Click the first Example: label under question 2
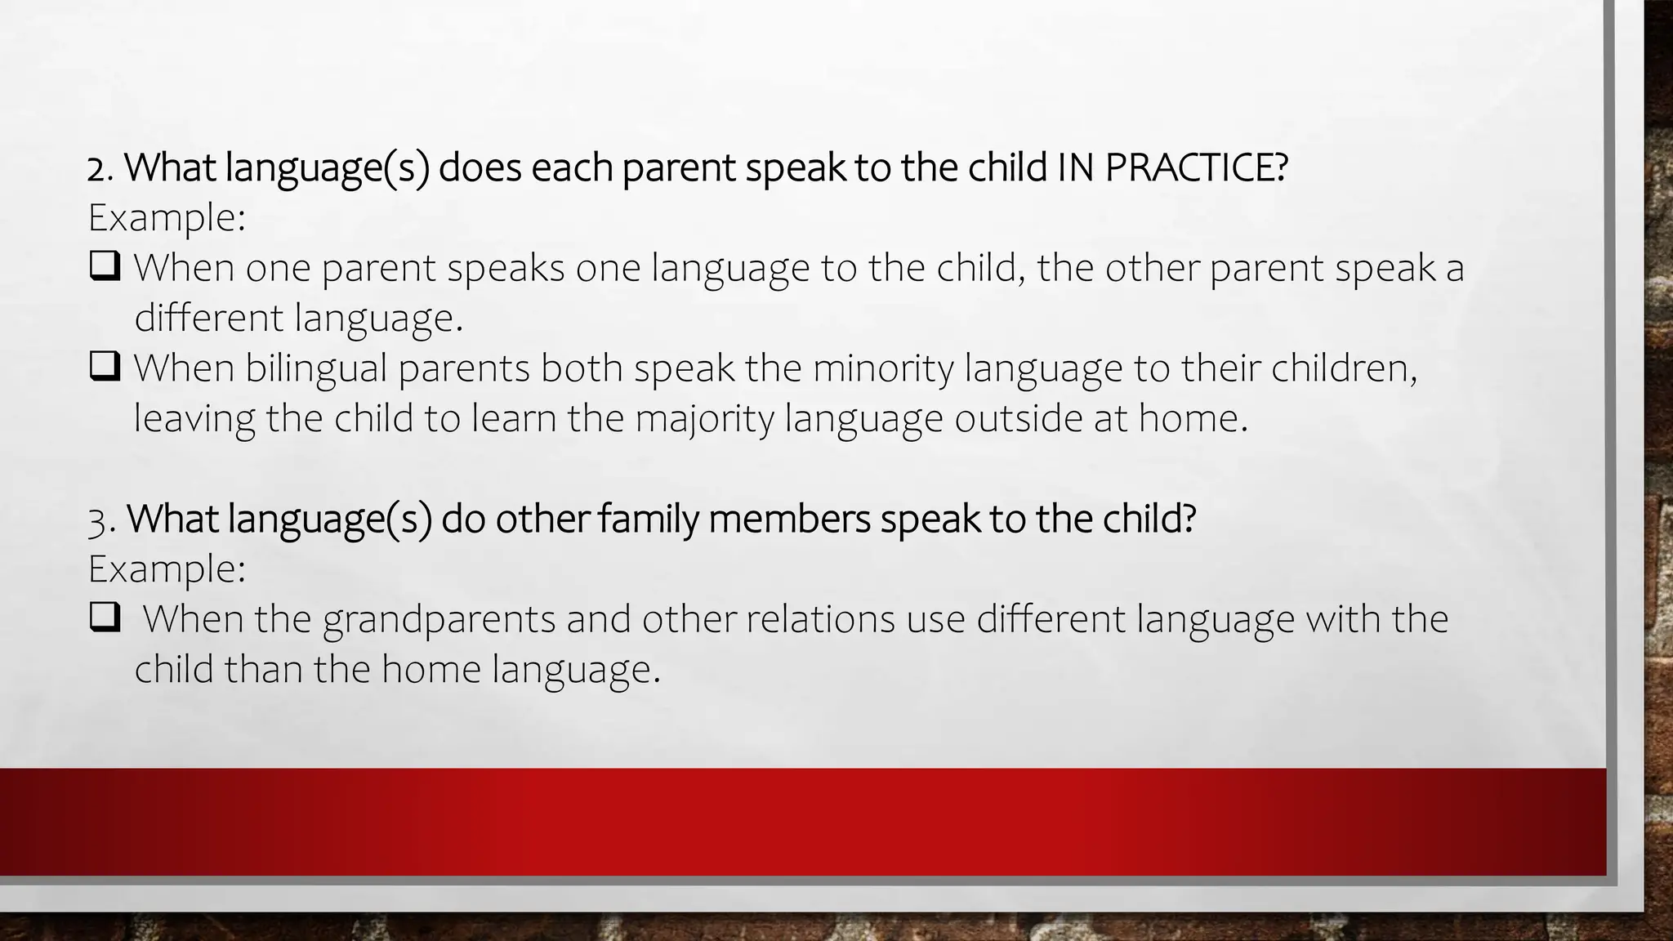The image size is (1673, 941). [x=167, y=218]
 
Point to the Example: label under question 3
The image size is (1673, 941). [x=167, y=569]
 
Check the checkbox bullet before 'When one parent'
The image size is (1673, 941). [x=105, y=266]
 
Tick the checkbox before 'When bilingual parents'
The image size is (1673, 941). [x=105, y=367]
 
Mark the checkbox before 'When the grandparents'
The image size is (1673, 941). [x=105, y=618]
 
